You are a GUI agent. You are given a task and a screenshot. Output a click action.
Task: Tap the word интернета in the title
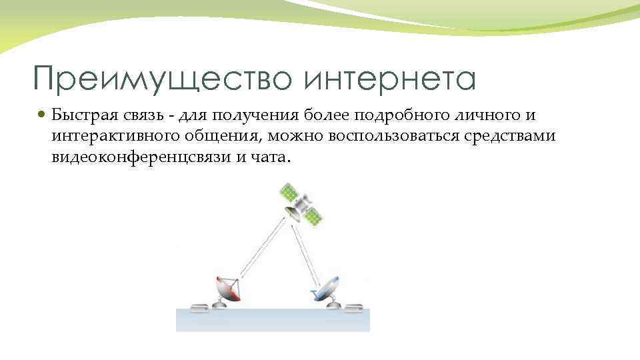click(x=390, y=79)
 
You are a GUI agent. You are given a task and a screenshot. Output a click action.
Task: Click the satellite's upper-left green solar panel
click(x=289, y=193)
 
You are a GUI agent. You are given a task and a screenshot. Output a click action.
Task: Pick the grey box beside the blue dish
click(x=353, y=307)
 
